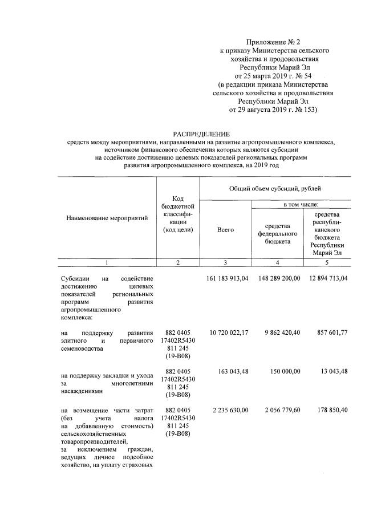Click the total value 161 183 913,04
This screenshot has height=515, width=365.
tap(226, 279)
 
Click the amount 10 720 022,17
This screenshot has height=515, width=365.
tap(228, 333)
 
